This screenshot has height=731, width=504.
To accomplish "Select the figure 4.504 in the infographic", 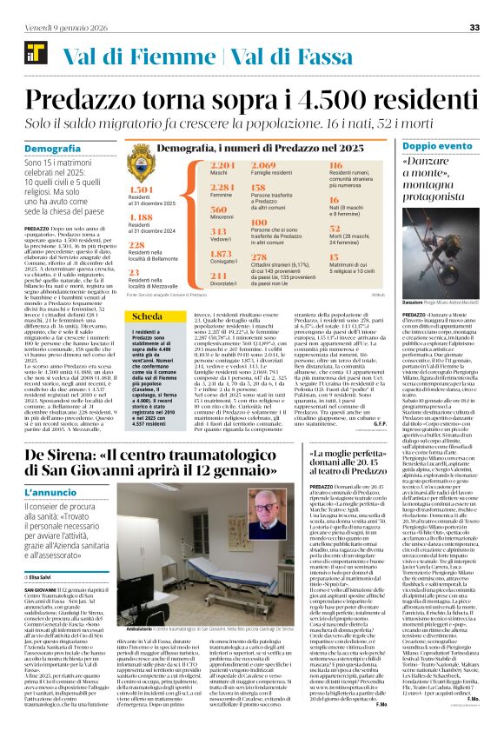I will [x=141, y=189].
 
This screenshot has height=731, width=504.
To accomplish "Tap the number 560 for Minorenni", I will [x=194, y=210].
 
